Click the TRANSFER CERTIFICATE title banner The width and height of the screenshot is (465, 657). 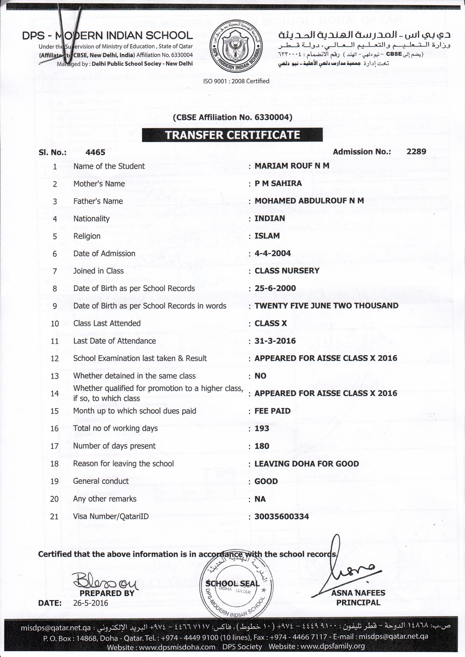232,135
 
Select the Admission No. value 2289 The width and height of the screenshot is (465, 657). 416,152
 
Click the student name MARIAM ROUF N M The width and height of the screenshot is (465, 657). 292,166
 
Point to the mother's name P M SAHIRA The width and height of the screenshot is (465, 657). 278,183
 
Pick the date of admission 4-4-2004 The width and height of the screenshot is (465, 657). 273,253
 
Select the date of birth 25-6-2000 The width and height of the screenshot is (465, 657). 275,288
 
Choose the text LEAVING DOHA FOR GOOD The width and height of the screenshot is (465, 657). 307,463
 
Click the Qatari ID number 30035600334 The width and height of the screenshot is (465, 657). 282,516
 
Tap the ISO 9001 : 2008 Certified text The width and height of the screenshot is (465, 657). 236,81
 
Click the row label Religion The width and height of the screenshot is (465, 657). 87,236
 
